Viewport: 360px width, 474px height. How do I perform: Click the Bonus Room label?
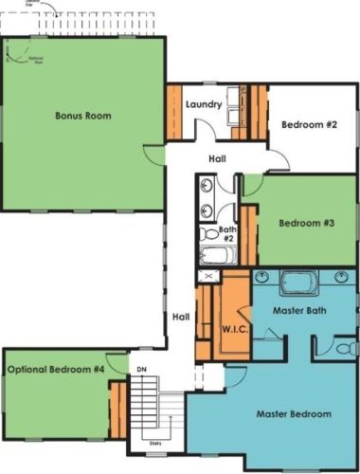click(x=83, y=117)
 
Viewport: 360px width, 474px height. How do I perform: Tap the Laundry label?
click(x=204, y=104)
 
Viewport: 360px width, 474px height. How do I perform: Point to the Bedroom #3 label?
click(x=306, y=225)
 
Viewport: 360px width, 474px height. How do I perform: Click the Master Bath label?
click(x=300, y=311)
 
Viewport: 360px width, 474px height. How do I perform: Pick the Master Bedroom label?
click(x=294, y=414)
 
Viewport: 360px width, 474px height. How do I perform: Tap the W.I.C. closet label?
click(x=235, y=329)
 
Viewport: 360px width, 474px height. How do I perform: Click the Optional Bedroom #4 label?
click(x=55, y=369)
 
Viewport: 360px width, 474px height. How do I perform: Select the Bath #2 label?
click(x=227, y=232)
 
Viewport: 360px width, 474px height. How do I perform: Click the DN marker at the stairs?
click(x=141, y=369)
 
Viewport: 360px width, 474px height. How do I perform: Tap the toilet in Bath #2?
click(x=208, y=232)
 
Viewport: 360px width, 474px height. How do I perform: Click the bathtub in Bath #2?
click(x=217, y=256)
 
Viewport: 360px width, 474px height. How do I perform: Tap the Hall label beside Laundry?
click(x=219, y=159)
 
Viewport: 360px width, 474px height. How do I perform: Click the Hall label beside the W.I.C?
click(x=180, y=317)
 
